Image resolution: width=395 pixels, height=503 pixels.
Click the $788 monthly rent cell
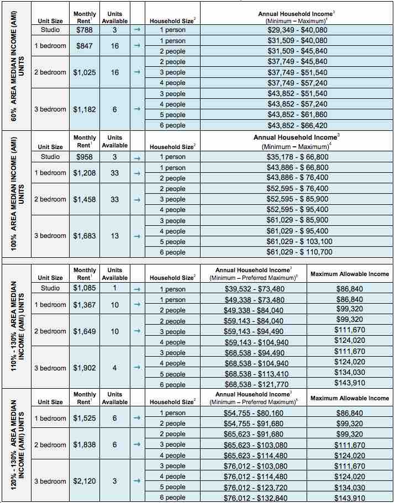click(x=85, y=30)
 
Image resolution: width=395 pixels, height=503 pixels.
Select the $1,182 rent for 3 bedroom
click(x=85, y=109)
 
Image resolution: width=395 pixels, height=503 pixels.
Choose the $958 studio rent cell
click(x=85, y=157)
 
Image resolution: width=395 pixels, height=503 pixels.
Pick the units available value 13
click(x=114, y=236)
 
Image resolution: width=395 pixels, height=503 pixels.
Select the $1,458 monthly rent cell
click(x=85, y=199)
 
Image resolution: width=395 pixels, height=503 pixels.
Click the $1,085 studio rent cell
click(x=85, y=288)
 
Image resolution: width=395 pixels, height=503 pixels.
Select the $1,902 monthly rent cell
click(x=85, y=368)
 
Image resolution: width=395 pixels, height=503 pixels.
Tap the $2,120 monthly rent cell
click(x=85, y=481)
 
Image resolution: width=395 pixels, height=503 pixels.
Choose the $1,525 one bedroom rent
click(x=85, y=419)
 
